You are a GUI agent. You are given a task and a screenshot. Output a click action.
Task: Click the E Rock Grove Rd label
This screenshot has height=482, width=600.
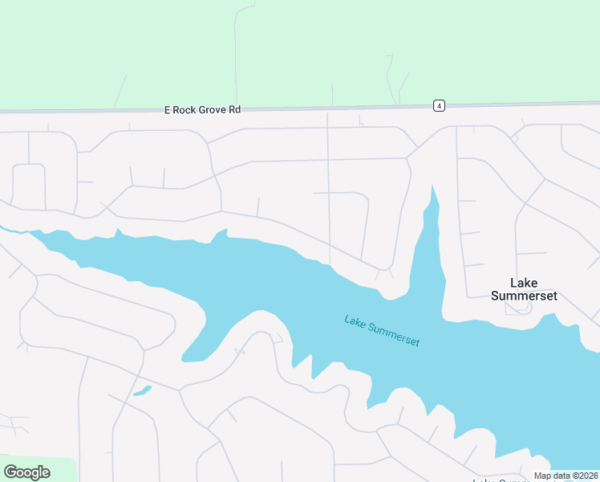202,109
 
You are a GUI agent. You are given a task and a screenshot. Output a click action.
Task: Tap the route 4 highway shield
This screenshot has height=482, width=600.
439,105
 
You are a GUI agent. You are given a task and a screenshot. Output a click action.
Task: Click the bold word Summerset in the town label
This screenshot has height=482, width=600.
524,296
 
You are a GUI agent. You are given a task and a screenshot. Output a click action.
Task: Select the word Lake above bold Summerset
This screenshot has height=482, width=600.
524,283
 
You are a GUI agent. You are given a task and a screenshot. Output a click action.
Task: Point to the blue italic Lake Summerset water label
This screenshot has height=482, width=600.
382,330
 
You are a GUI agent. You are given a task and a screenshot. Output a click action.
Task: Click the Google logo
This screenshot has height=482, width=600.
26,472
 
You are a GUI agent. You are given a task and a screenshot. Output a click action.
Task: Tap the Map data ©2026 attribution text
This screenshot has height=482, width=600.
566,476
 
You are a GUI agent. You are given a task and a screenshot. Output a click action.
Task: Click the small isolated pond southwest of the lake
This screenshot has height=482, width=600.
142,391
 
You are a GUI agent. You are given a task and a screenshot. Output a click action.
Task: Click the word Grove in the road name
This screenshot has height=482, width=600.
211,109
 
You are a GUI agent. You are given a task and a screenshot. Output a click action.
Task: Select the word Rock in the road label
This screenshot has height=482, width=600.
184,109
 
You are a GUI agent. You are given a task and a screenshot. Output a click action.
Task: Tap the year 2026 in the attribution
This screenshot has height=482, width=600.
586,476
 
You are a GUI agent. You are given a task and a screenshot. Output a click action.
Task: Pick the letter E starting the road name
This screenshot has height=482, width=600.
168,109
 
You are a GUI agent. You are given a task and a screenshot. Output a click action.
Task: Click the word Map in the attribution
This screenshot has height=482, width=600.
543,476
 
